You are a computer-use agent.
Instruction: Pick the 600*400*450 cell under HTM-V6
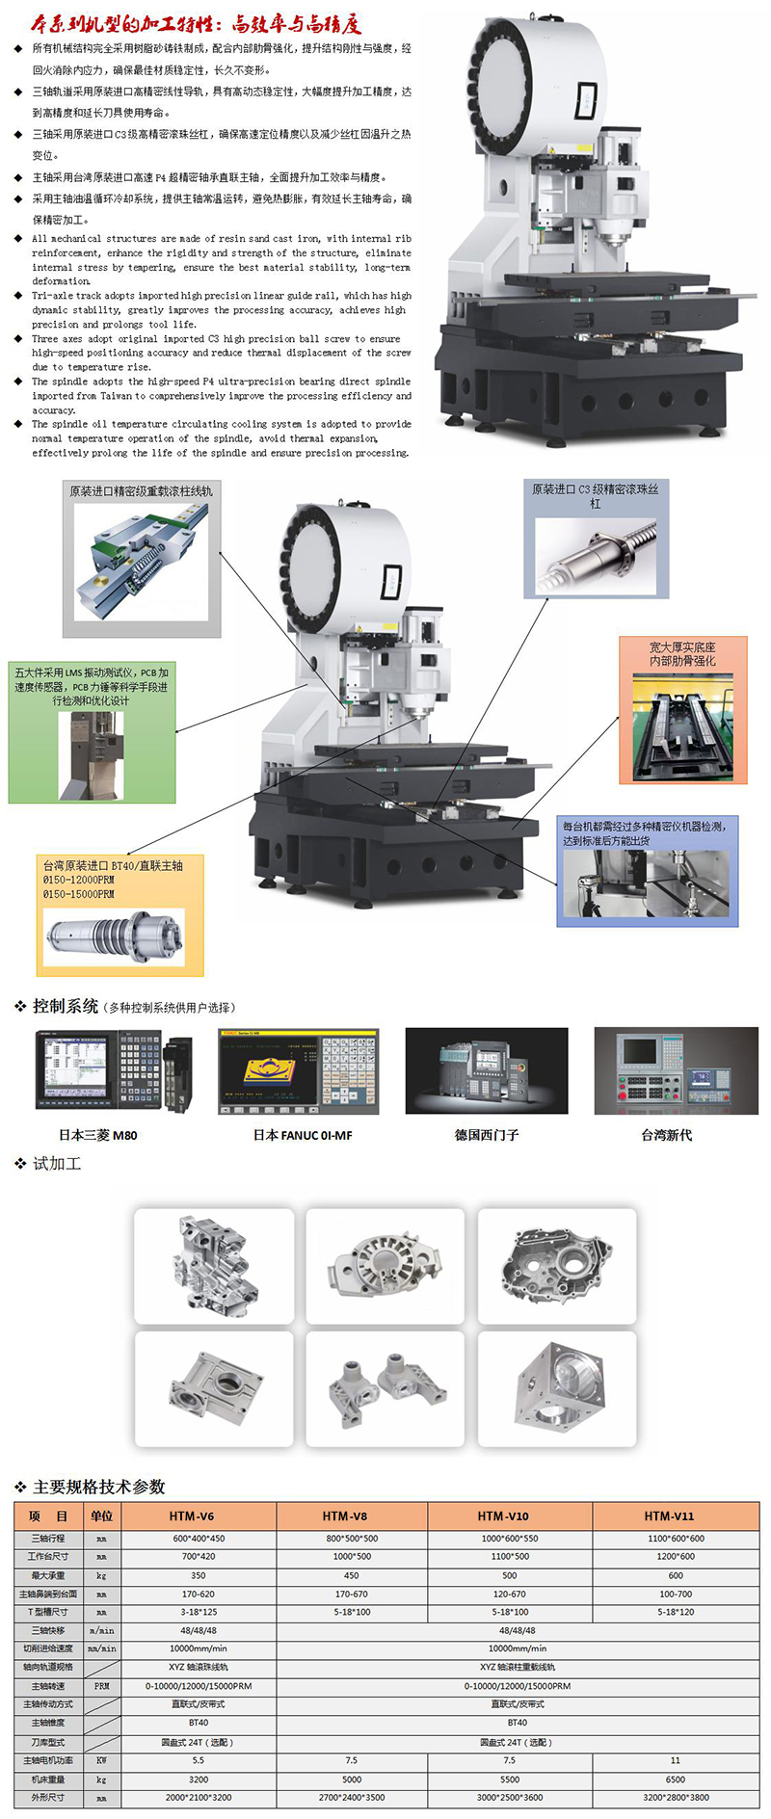click(199, 1539)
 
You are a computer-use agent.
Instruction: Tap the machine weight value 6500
click(676, 1779)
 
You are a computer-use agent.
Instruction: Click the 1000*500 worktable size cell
click(352, 1557)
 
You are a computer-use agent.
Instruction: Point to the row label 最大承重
click(48, 1576)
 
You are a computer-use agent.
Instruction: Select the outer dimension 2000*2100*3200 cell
click(199, 1798)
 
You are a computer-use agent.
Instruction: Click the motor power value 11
click(676, 1760)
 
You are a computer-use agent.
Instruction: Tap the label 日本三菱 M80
click(98, 1135)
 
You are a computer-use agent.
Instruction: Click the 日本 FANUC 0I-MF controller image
click(299, 1071)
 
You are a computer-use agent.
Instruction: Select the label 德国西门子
click(487, 1135)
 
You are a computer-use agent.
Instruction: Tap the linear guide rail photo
click(143, 559)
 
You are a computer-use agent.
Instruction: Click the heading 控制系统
click(65, 1006)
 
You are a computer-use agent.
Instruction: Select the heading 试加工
click(57, 1164)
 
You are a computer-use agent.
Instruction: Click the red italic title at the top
click(197, 22)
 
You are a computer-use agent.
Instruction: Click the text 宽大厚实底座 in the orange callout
click(682, 647)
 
